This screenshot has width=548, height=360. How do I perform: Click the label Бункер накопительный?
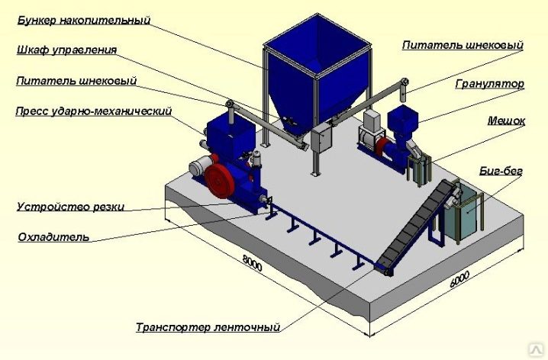(x=84, y=21)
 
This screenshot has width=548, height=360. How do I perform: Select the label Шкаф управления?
(x=66, y=50)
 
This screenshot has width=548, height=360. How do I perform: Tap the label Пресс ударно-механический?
(x=94, y=111)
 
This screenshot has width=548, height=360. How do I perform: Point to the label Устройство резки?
(x=70, y=207)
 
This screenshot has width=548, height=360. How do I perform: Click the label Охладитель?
(x=53, y=237)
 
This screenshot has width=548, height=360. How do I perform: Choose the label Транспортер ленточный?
(x=208, y=327)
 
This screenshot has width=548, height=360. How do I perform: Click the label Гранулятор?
(x=490, y=84)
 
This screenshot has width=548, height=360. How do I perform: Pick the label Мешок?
(x=506, y=121)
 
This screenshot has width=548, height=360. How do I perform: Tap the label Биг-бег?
(x=501, y=171)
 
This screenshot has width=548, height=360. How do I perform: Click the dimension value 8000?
(x=252, y=263)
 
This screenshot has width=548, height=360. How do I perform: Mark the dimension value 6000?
(x=459, y=279)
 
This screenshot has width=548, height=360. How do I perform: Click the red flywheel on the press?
(x=220, y=181)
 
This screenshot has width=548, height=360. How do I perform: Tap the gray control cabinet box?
(x=322, y=139)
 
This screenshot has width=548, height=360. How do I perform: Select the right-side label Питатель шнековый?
(x=463, y=45)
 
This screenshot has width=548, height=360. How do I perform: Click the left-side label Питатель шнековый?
(x=76, y=81)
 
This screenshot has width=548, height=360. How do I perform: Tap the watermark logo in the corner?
(x=537, y=350)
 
